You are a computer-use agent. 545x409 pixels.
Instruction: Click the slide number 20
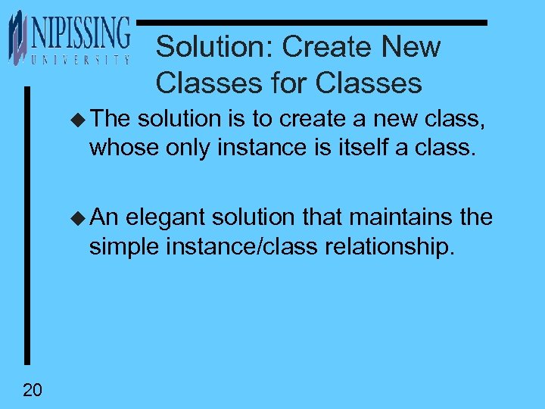coord(33,390)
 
